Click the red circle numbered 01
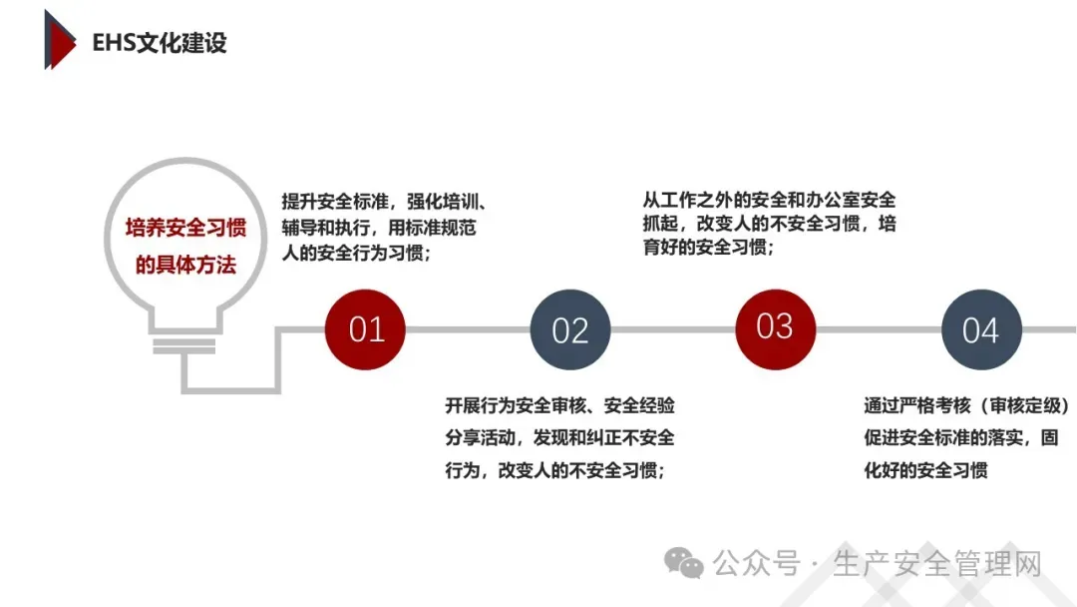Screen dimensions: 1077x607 coord(366,329)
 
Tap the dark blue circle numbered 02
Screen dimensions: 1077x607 coord(570,330)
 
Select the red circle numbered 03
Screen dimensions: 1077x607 coord(775,327)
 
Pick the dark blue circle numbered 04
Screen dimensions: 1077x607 coord(981,330)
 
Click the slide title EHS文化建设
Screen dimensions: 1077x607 coord(160,43)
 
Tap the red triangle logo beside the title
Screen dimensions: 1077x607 coord(59,40)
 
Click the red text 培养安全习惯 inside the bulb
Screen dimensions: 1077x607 coord(185,229)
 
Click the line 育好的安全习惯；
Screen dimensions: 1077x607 coord(710,248)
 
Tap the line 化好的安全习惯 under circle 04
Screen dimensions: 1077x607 coord(925,469)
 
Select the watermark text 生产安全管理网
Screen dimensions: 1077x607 coord(936,564)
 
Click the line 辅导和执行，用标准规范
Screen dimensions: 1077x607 coord(379,228)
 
